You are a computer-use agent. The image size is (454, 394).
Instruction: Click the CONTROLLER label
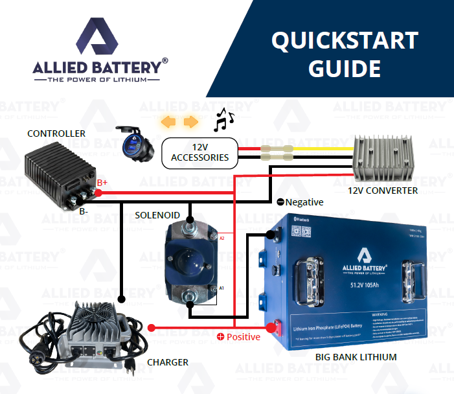pyautogui.click(x=56, y=133)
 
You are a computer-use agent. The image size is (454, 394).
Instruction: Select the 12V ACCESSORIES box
pyautogui.click(x=199, y=153)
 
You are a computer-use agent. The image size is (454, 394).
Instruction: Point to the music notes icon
pyautogui.click(x=223, y=119)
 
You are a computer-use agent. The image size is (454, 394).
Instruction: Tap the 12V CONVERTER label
pyautogui.click(x=383, y=191)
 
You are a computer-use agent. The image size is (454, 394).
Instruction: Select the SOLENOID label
pyautogui.click(x=157, y=214)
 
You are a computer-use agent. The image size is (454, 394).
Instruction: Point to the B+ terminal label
pyautogui.click(x=102, y=183)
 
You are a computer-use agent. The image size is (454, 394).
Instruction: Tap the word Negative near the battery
pyautogui.click(x=304, y=202)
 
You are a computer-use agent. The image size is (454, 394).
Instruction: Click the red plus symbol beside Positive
pyautogui.click(x=220, y=337)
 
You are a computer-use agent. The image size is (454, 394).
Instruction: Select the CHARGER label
pyautogui.click(x=168, y=362)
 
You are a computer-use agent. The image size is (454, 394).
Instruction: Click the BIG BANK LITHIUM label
pyautogui.click(x=356, y=356)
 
